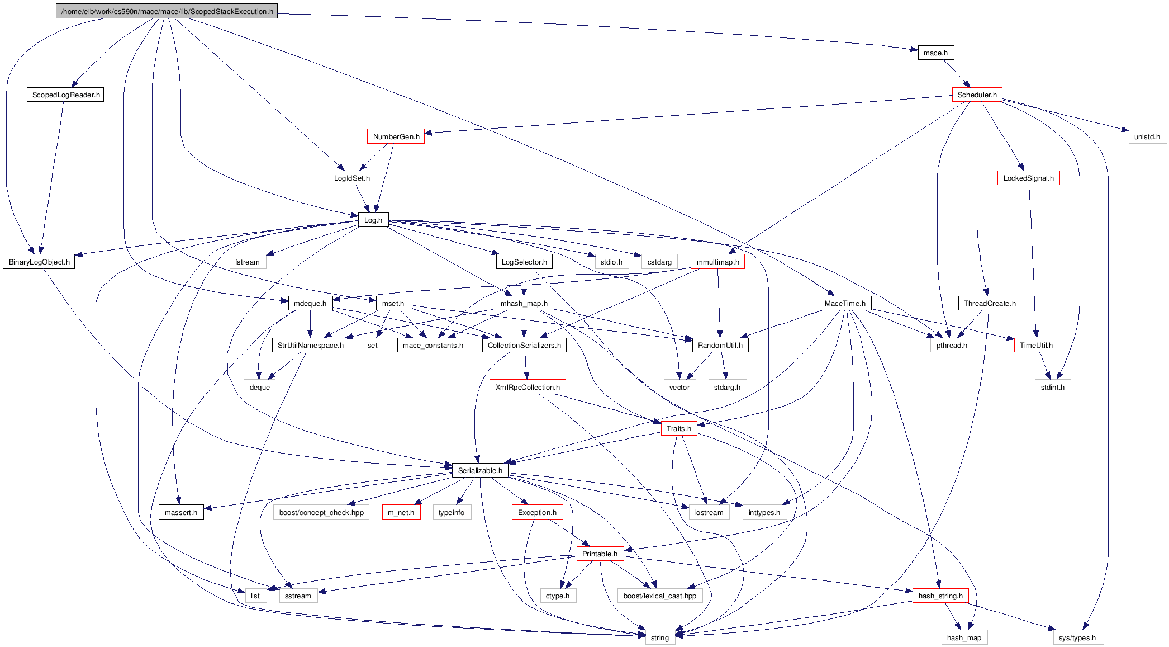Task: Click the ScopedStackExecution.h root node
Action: click(x=167, y=11)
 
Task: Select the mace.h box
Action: click(x=935, y=53)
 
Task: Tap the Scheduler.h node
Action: click(x=977, y=95)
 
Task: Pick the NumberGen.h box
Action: click(x=396, y=136)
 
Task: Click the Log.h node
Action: click(x=373, y=220)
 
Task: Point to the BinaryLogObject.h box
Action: click(x=39, y=262)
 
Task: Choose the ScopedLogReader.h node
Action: click(x=66, y=95)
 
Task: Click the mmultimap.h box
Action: click(x=717, y=262)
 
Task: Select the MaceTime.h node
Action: click(x=844, y=303)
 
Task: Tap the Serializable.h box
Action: click(x=480, y=470)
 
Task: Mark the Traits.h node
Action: click(x=678, y=428)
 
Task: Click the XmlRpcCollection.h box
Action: click(x=528, y=387)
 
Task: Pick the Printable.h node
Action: click(x=600, y=554)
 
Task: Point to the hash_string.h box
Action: click(x=940, y=596)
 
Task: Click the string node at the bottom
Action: click(x=659, y=637)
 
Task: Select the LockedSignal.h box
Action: click(x=1028, y=178)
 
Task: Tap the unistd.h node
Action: click(x=1147, y=136)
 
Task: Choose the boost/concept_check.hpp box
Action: click(x=321, y=512)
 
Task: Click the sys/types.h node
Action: click(x=1077, y=637)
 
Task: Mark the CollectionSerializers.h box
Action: click(x=524, y=345)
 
